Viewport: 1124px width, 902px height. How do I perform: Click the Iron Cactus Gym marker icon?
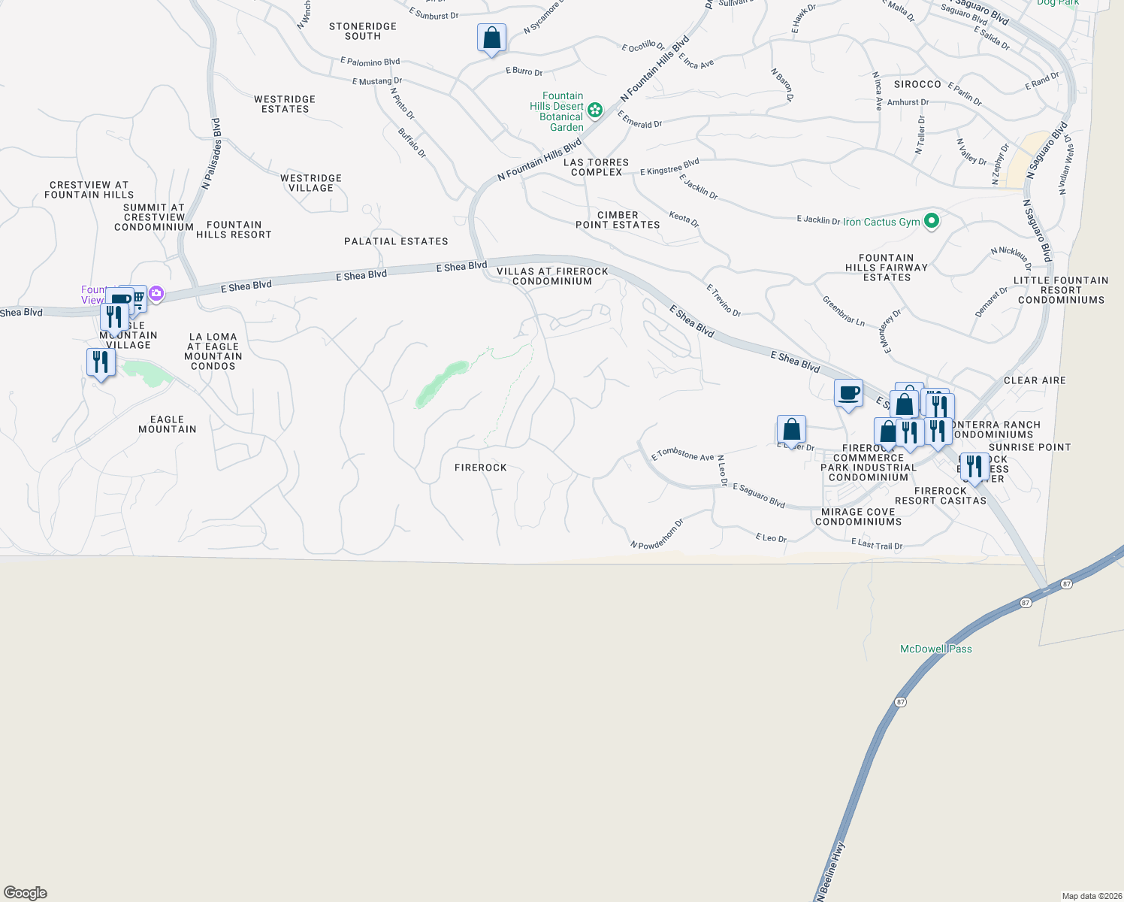(x=932, y=221)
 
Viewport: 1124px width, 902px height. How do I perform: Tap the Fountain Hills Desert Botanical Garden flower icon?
(x=595, y=110)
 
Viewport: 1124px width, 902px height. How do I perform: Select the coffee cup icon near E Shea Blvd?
(x=848, y=393)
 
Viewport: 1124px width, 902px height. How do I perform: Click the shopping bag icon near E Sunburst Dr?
(x=491, y=38)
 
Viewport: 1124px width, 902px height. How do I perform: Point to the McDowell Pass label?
(x=935, y=649)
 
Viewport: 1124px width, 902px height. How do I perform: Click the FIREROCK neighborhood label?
(x=481, y=468)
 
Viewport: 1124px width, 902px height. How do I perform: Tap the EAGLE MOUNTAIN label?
(x=168, y=425)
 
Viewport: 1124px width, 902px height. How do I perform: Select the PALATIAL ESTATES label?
(x=396, y=241)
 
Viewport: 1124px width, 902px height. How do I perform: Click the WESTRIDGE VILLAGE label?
(x=311, y=183)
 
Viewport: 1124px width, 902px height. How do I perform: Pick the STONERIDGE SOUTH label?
(x=363, y=31)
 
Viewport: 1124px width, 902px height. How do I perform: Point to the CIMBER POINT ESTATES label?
(x=618, y=219)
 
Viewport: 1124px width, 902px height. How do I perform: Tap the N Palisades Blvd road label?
(x=211, y=153)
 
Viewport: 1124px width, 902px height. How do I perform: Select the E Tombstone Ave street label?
(x=682, y=454)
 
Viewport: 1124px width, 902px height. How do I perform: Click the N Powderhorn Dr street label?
(x=657, y=534)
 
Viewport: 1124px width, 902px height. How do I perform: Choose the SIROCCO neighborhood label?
(x=917, y=84)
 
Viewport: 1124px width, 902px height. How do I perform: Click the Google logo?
(x=26, y=893)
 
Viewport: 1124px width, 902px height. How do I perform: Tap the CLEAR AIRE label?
(x=1035, y=380)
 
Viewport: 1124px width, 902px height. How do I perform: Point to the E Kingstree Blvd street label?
(x=669, y=167)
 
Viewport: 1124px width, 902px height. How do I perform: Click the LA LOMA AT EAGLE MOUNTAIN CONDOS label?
(x=213, y=352)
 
